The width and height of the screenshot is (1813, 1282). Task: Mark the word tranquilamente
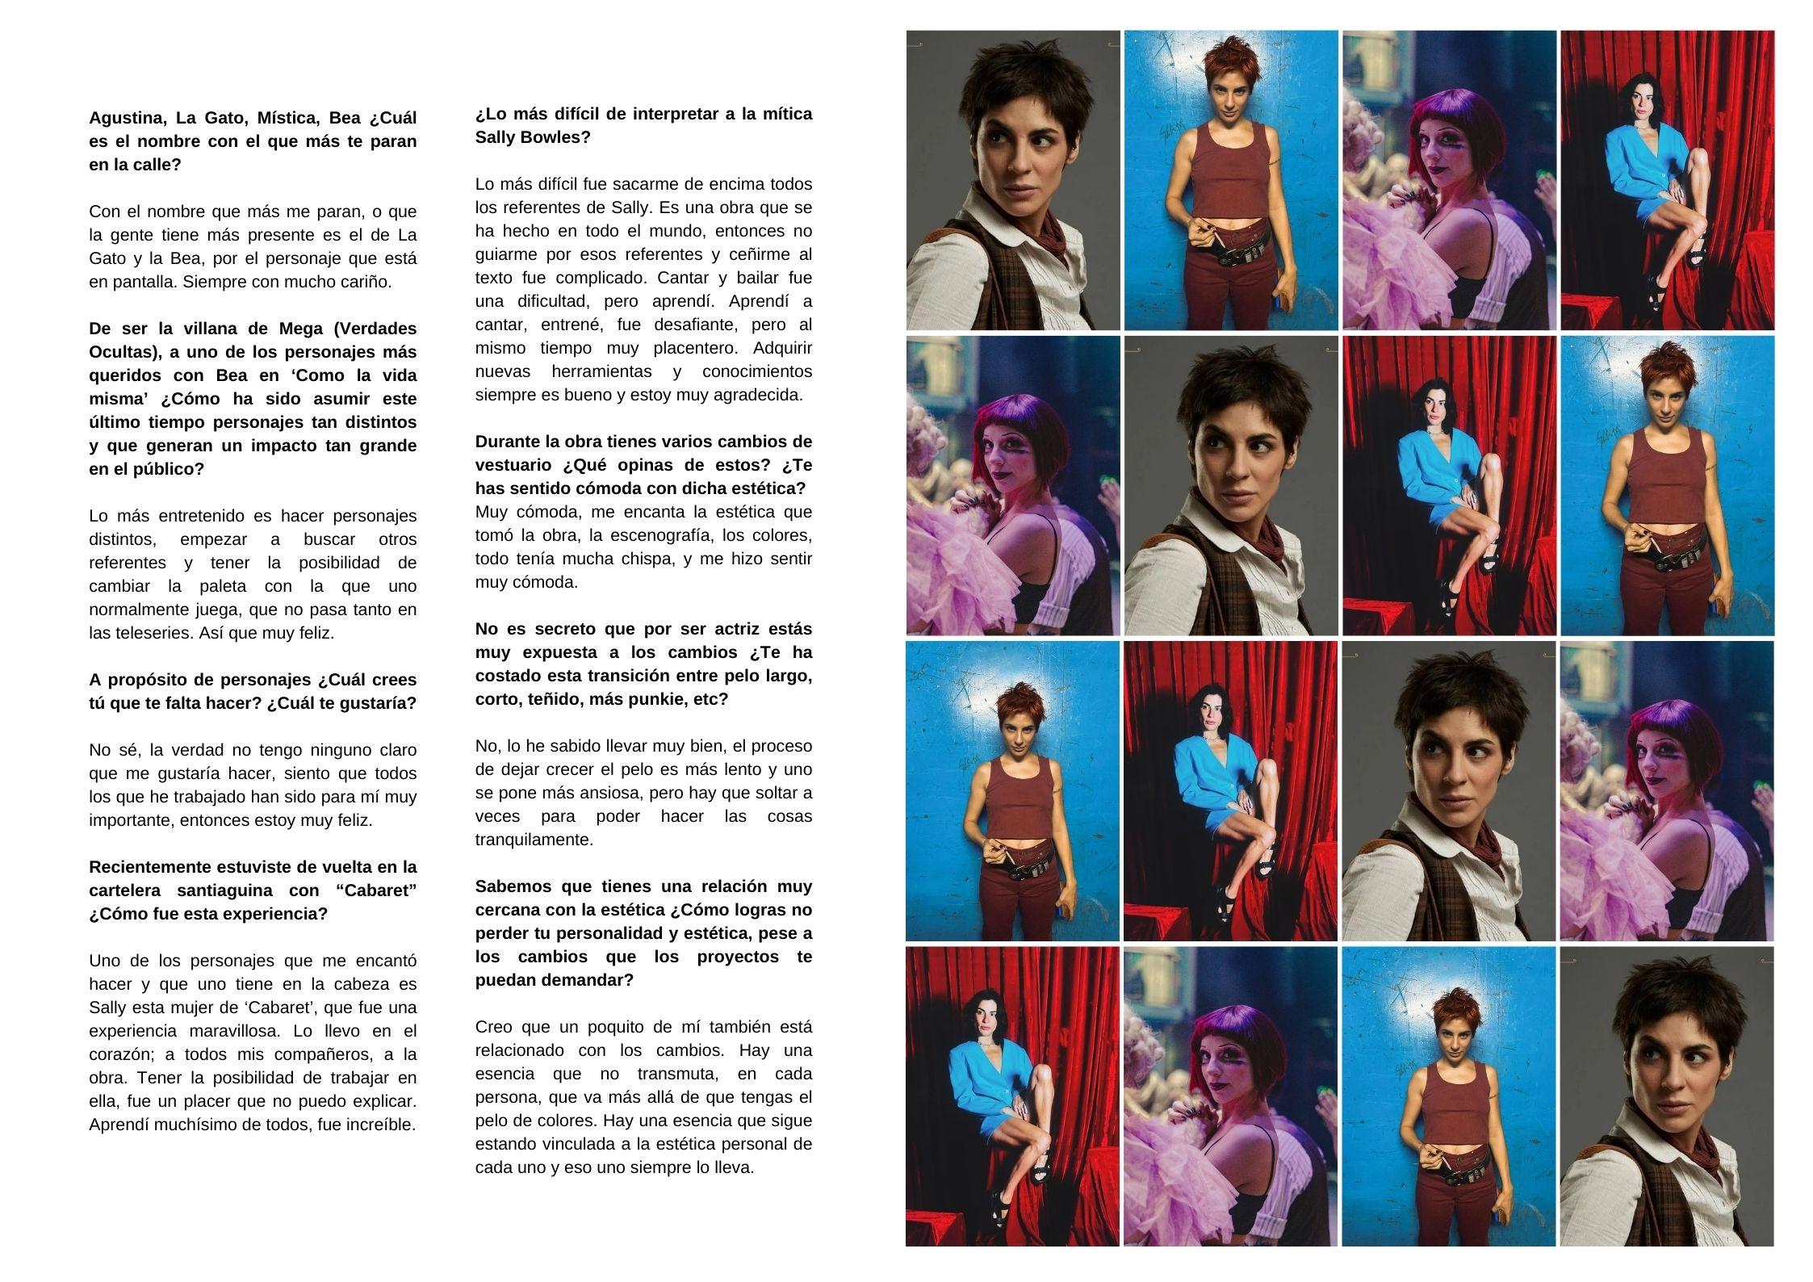point(534,840)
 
